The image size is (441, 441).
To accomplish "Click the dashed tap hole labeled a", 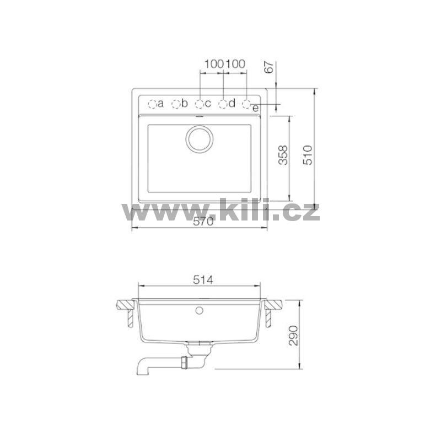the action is pos(152,104).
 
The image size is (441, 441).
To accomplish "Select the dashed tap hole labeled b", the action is pos(176,104).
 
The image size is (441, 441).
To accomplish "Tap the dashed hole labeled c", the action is pos(200,104).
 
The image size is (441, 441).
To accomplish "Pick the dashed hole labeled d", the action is pos(223,104).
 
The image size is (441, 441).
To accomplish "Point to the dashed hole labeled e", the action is pos(246,104).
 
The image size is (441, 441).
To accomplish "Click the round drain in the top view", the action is pos(200,139).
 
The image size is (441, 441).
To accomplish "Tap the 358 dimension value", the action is pos(283,155).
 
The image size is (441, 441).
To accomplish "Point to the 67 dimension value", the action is pos(270,67).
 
